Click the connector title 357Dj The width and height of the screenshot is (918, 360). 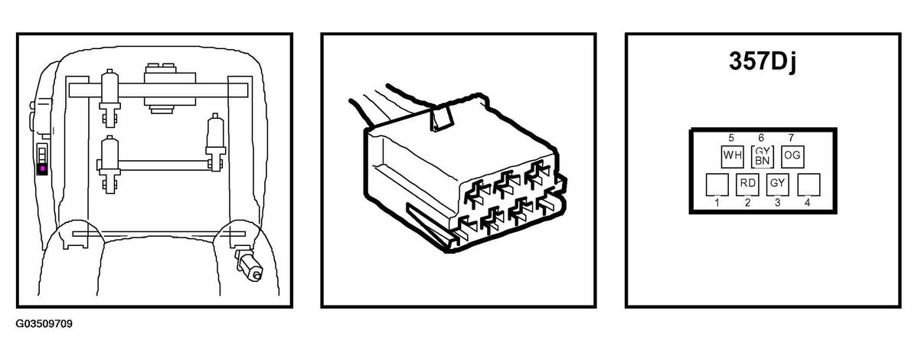(763, 61)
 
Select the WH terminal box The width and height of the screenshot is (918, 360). (731, 155)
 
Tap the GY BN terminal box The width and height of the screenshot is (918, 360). (762, 155)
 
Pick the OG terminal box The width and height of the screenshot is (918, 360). (792, 155)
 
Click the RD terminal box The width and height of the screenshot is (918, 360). (747, 183)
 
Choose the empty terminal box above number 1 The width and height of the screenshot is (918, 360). (717, 184)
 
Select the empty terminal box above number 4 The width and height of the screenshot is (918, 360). (809, 184)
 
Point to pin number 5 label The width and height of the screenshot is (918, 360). (731, 138)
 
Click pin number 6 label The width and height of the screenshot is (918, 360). (761, 138)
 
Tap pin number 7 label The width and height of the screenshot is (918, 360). (791, 138)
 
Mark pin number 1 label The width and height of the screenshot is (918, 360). (717, 203)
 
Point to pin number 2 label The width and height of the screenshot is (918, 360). (747, 203)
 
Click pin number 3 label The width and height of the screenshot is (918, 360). (777, 203)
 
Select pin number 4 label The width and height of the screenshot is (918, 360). (807, 203)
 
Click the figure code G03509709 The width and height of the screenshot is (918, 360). (44, 324)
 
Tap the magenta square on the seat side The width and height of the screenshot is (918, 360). (42, 169)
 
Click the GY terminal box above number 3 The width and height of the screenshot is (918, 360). (777, 183)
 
